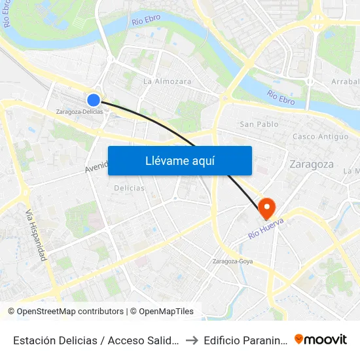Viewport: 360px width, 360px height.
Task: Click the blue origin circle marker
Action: (94, 99)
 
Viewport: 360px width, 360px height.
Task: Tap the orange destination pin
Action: (267, 208)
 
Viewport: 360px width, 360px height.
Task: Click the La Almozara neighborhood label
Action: (167, 82)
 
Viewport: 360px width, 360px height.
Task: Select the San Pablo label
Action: (259, 124)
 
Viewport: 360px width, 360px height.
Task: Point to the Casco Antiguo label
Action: (320, 137)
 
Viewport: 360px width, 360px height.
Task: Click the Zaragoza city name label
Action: (312, 164)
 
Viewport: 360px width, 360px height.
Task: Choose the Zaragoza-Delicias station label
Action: (79, 112)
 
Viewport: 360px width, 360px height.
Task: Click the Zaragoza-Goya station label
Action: (233, 262)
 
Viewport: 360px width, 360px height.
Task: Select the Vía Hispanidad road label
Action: (35, 236)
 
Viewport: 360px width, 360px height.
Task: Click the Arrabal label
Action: (346, 82)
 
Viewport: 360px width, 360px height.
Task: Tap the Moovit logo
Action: (321, 339)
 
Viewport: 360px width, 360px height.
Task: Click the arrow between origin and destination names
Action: (191, 340)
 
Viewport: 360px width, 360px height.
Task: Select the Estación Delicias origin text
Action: (94, 340)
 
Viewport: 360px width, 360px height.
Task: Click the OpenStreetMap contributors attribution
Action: (71, 312)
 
